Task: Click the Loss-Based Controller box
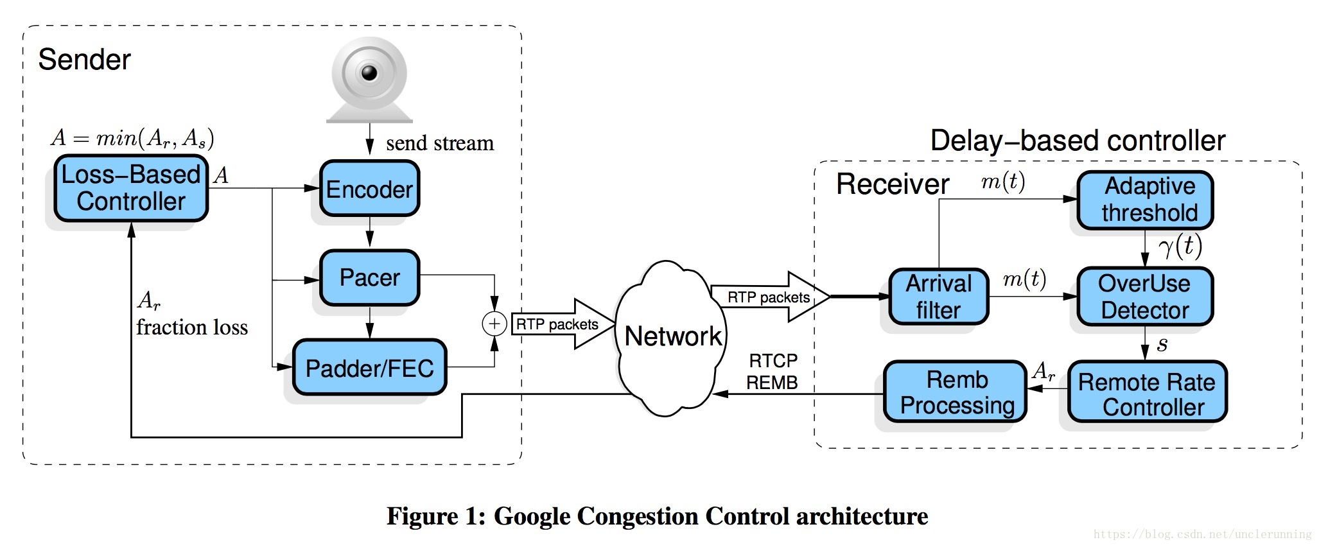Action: point(131,188)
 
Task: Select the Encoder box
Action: point(369,189)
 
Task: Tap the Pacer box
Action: point(369,277)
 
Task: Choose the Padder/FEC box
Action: point(369,368)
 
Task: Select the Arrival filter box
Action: point(938,297)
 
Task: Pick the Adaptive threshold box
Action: point(1145,200)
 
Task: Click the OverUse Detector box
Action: point(1145,297)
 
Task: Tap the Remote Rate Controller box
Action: point(1147,393)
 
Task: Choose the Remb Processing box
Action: point(956,392)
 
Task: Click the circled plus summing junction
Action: point(494,324)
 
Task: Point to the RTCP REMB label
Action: point(772,372)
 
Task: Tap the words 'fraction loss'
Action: point(192,328)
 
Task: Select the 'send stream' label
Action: point(440,143)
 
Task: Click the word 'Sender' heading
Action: point(84,60)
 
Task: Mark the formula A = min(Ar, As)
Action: point(132,138)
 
